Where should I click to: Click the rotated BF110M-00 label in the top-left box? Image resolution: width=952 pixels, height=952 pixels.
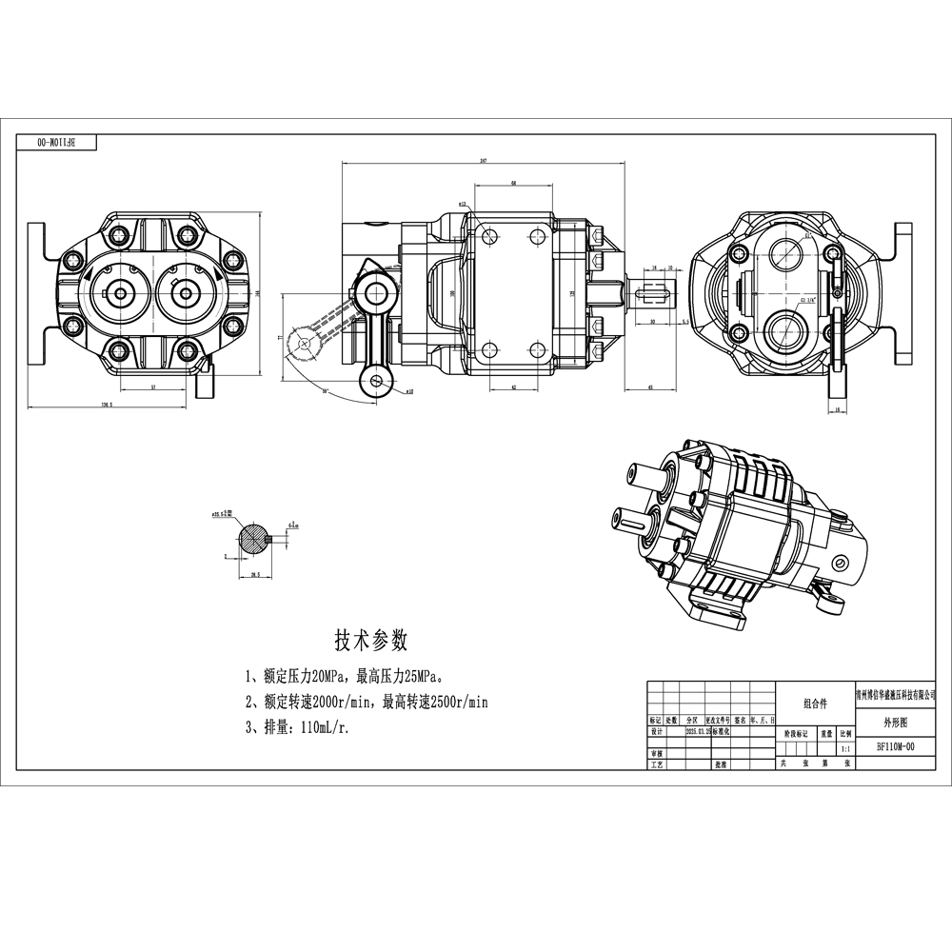[x=57, y=142]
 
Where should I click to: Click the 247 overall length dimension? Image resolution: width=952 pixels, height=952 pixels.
[x=483, y=162]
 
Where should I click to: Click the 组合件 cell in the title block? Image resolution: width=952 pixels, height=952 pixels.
[x=816, y=704]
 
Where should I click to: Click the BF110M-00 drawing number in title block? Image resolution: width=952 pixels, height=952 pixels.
[x=896, y=747]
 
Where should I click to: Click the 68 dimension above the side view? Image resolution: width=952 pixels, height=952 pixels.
[x=513, y=182]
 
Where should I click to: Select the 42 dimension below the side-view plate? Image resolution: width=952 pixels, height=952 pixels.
[x=513, y=387]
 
